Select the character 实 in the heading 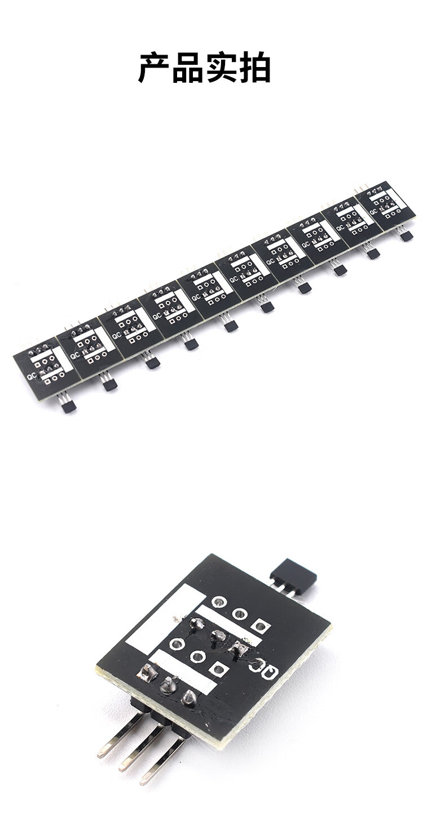point(221,68)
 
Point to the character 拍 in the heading point(254,68)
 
